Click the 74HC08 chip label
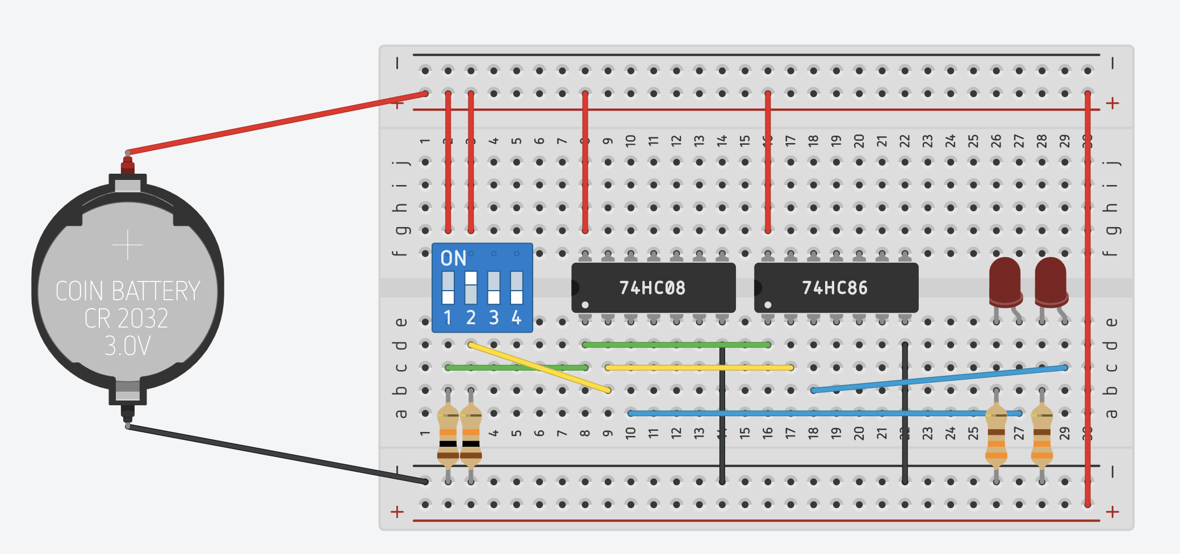point(652,288)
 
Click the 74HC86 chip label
point(834,288)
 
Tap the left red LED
point(1005,281)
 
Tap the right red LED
point(1051,281)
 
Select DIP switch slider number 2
point(471,287)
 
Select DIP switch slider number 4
point(516,287)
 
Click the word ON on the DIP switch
point(453,259)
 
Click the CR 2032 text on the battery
point(126,318)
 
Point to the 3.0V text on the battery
point(127,346)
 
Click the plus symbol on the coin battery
point(127,245)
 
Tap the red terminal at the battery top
point(127,166)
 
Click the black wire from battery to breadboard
point(273,454)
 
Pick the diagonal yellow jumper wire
point(539,368)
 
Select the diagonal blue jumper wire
point(937,379)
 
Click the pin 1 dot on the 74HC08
point(585,305)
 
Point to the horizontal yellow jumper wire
point(699,368)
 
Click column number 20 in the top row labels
point(859,140)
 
